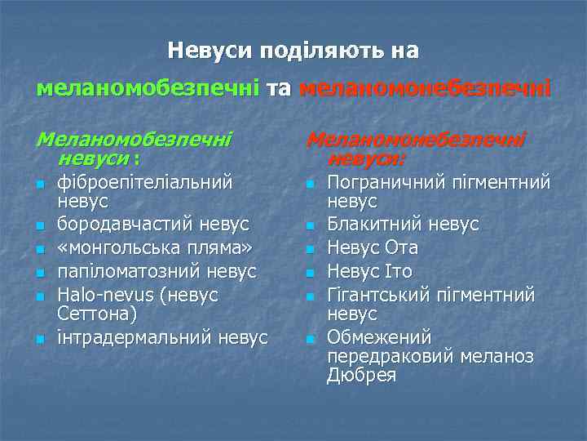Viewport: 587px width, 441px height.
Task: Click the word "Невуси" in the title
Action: click(210, 51)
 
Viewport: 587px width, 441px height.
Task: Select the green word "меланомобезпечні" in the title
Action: click(148, 87)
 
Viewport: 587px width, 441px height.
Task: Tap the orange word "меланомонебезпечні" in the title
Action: click(424, 87)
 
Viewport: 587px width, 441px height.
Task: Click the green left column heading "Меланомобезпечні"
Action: click(135, 139)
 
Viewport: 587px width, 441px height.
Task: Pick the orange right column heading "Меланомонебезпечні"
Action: click(416, 139)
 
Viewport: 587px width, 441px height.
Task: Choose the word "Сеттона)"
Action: click(93, 313)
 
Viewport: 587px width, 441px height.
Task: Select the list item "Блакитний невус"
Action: click(403, 223)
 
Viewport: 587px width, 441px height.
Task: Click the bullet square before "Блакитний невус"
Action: click(310, 225)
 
